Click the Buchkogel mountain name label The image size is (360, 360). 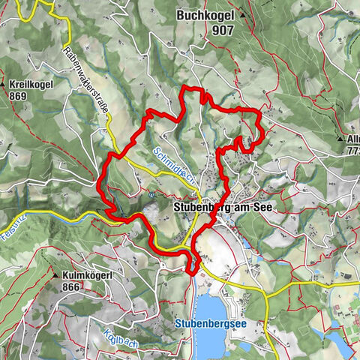click(206, 15)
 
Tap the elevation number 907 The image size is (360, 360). click(222, 31)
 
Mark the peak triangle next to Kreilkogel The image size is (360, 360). click(5, 85)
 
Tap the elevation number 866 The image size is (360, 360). click(72, 286)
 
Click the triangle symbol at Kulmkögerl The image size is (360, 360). click(55, 275)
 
